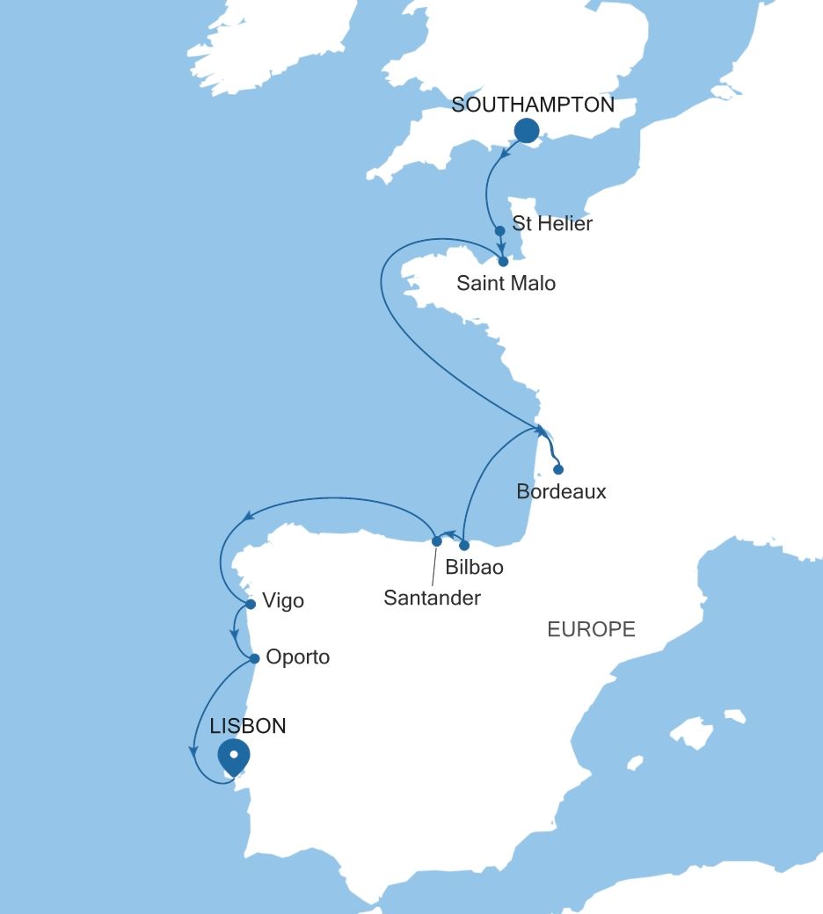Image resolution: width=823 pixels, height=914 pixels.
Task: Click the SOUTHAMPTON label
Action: point(532,105)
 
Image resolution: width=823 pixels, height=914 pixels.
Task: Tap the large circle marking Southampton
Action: point(526,131)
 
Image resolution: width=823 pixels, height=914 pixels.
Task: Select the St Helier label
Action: point(552,223)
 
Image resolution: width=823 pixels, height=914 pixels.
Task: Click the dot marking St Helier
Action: point(499,231)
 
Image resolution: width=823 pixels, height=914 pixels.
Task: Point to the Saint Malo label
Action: point(506,284)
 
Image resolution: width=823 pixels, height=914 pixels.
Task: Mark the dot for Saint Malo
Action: point(503,261)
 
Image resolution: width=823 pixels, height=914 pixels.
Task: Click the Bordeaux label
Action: point(561,491)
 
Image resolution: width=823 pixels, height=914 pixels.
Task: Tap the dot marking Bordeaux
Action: point(558,469)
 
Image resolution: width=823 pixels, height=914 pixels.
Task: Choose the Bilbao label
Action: point(475,567)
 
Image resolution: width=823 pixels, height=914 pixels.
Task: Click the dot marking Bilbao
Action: point(465,545)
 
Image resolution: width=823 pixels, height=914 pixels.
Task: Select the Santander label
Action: point(433,598)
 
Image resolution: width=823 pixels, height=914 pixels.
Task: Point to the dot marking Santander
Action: point(436,540)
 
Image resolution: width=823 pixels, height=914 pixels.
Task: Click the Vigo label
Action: point(283,602)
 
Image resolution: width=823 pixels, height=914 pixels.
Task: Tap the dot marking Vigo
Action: point(251,604)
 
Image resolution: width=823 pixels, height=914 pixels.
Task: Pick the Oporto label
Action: point(296,657)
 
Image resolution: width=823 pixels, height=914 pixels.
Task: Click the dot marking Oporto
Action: point(254,658)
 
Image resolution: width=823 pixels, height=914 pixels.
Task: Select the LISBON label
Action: point(248,727)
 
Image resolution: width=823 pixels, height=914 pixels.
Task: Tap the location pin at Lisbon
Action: point(234,756)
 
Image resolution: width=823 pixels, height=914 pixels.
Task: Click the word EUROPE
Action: point(591,629)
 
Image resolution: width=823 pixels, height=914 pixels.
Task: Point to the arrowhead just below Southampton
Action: point(504,153)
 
